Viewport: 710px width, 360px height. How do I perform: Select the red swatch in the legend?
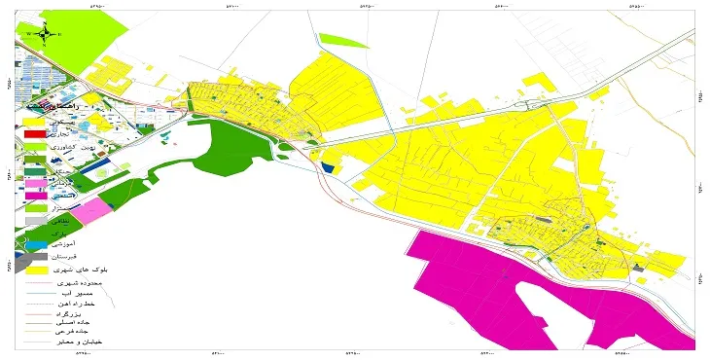(36, 133)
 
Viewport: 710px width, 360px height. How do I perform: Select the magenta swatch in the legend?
(36, 196)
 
